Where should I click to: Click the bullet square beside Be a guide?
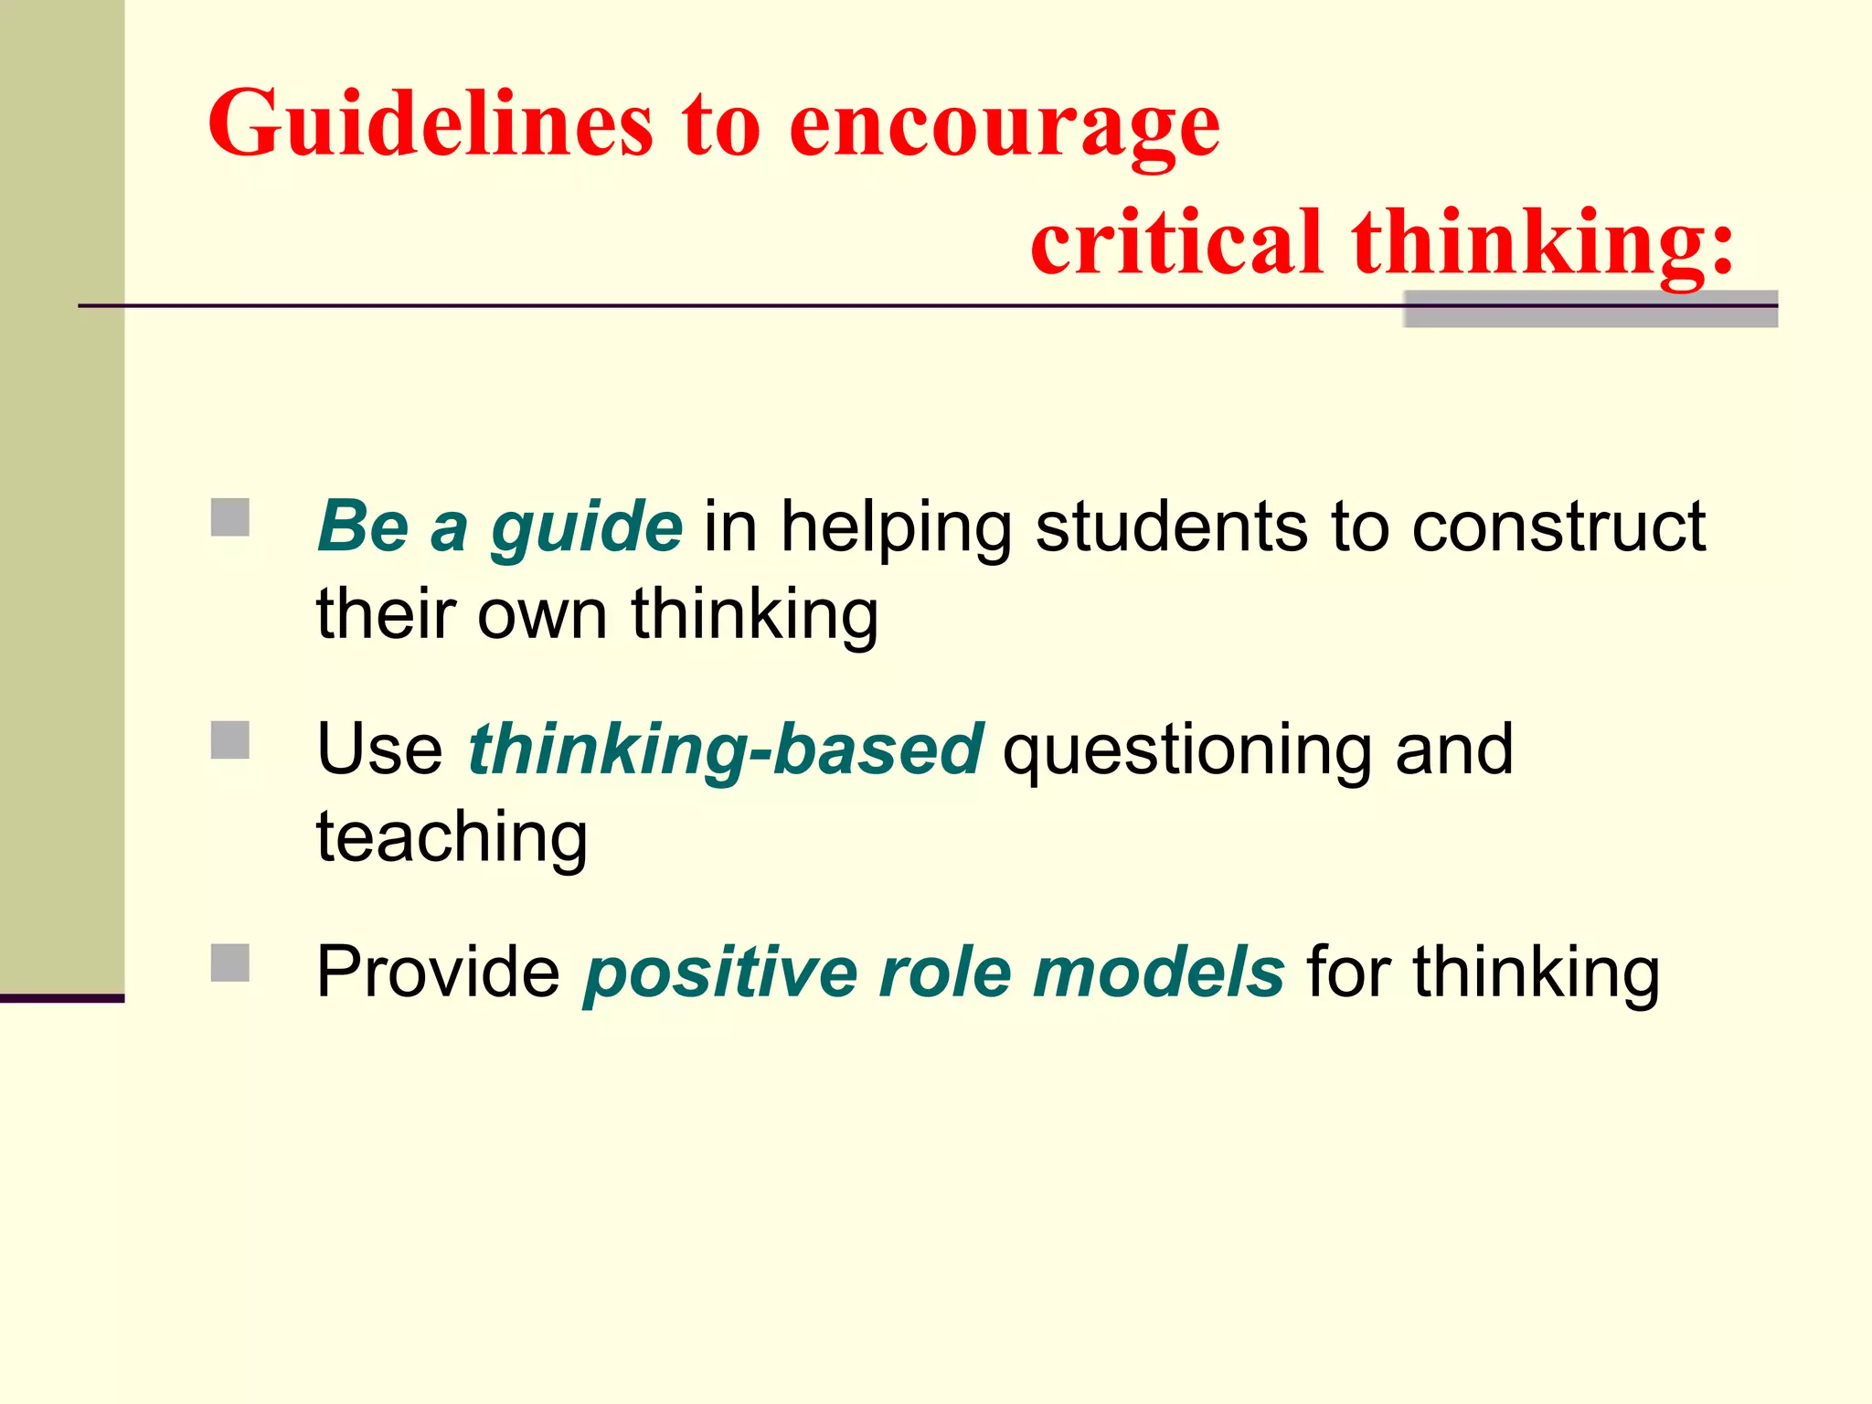click(x=230, y=517)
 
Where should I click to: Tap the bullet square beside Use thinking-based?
click(x=230, y=740)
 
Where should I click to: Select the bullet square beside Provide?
click(x=230, y=963)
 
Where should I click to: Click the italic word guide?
click(x=586, y=528)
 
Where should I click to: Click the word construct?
click(x=1558, y=526)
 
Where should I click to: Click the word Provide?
click(x=438, y=972)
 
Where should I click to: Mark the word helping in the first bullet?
click(x=895, y=528)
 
